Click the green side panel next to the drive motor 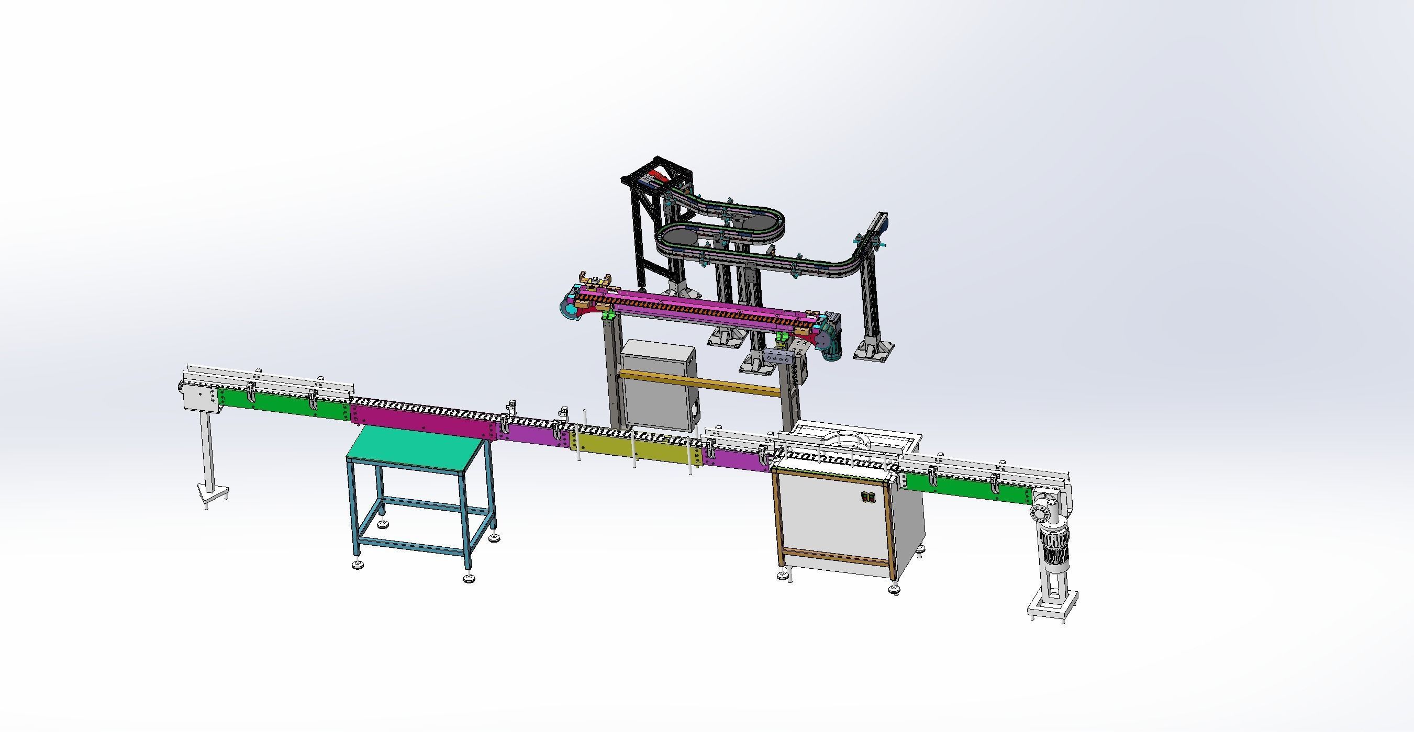(966, 488)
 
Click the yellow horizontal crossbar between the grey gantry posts (700, 382)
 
